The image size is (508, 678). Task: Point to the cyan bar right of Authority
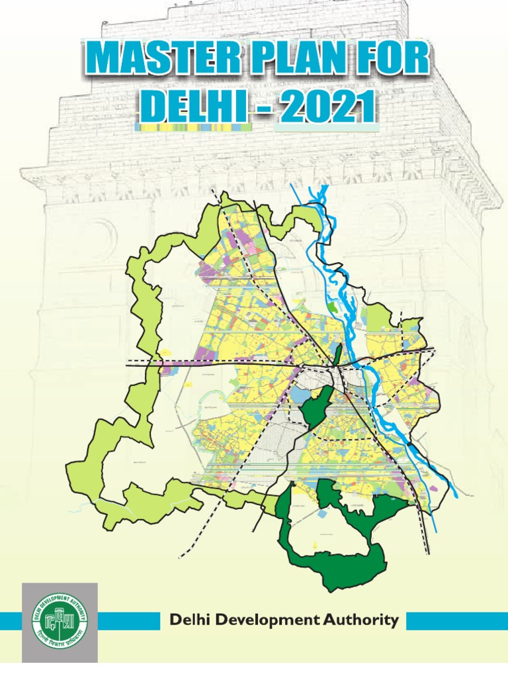(x=456, y=620)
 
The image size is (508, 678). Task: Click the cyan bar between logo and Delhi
(x=129, y=621)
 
